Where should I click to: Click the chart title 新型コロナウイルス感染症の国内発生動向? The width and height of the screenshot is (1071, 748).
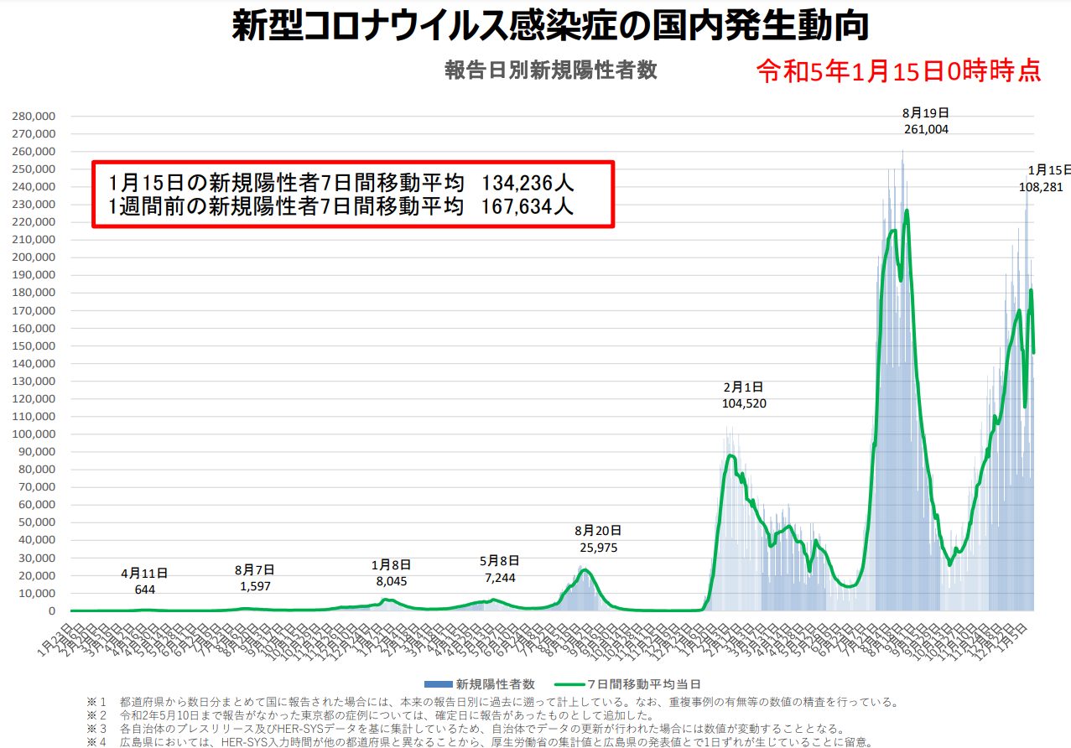point(549,27)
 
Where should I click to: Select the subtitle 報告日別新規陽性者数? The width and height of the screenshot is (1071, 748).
point(551,70)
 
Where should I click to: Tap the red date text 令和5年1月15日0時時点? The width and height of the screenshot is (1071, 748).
point(899,70)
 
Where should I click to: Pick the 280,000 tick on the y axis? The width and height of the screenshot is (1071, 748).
point(34,116)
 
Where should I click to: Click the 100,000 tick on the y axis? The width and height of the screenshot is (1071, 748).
point(34,434)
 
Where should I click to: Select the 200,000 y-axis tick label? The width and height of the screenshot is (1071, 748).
point(34,257)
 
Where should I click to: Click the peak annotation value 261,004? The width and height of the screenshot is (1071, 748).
point(926,129)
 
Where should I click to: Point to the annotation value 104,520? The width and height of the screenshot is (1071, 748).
point(744,403)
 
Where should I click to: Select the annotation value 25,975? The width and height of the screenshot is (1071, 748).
point(599,548)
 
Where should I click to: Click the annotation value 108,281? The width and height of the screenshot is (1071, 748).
point(1040,187)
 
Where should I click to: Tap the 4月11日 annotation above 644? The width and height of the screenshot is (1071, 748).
point(144,574)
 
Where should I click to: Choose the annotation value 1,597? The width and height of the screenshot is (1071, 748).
point(255,586)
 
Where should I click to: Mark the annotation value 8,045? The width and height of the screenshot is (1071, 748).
point(391,579)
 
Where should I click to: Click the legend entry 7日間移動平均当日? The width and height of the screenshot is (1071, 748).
point(643,684)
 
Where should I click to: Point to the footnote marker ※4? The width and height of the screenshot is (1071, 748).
point(98,742)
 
